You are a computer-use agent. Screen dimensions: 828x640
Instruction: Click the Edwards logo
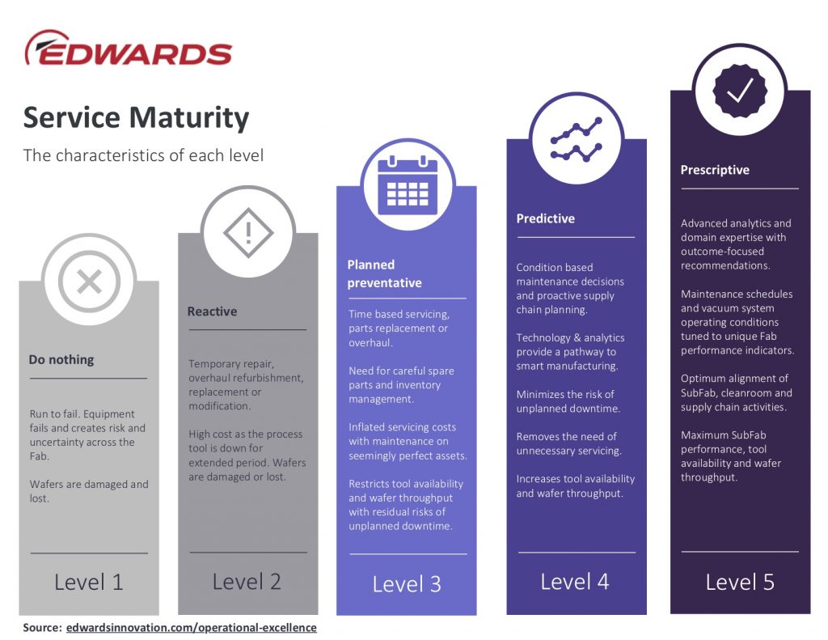[129, 48]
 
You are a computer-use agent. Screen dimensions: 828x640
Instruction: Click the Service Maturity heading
[136, 117]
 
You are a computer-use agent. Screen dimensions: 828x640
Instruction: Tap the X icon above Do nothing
[89, 281]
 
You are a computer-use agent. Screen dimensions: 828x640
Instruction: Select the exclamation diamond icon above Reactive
[248, 232]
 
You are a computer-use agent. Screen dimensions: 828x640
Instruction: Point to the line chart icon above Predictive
[576, 139]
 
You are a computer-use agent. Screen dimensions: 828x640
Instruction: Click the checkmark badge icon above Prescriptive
[740, 91]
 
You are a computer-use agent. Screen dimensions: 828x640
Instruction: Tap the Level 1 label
[89, 582]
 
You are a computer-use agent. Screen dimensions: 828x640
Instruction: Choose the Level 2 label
[247, 581]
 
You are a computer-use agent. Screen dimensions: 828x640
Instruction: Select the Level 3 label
[407, 584]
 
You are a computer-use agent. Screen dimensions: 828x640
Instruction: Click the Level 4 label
[575, 582]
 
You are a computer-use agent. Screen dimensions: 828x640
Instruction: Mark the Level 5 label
[740, 582]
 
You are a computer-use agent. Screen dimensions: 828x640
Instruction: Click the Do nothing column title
[61, 359]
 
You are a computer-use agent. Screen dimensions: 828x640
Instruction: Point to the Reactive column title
[213, 312]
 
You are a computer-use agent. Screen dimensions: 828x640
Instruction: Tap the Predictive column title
[546, 218]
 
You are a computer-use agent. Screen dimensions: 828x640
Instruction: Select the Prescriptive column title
[715, 170]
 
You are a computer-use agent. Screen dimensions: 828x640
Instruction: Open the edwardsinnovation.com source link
[191, 627]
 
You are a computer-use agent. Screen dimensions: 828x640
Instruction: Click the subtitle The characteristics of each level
[143, 155]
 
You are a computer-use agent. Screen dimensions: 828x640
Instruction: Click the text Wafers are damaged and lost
[89, 491]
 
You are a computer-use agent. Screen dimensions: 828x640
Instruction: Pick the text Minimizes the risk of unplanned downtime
[568, 401]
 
